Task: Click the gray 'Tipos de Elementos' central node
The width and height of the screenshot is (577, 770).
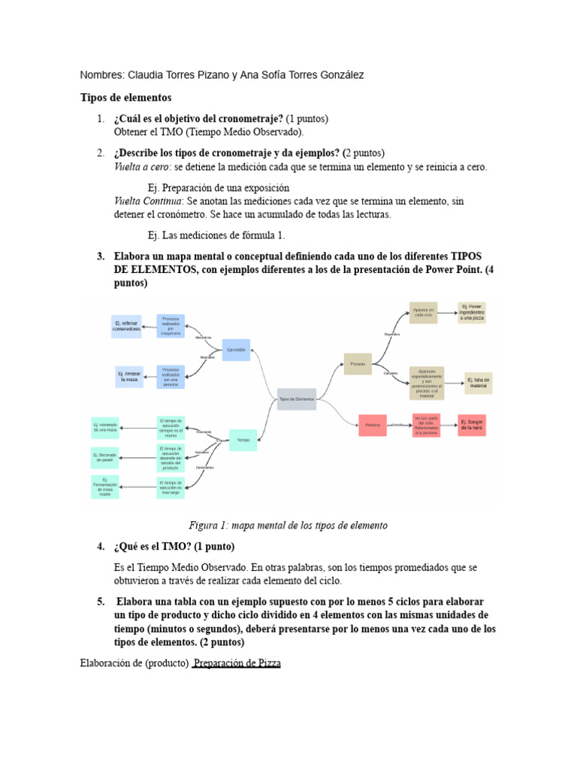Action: pyautogui.click(x=297, y=399)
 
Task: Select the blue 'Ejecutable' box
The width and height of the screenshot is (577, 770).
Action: pyautogui.click(x=236, y=350)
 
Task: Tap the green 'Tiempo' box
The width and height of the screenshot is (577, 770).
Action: pyautogui.click(x=243, y=439)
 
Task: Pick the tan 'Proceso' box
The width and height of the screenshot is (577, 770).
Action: pyautogui.click(x=358, y=364)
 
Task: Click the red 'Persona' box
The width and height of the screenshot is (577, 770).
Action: pyautogui.click(x=373, y=426)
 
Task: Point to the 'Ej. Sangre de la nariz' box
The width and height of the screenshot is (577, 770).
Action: pyautogui.click(x=472, y=426)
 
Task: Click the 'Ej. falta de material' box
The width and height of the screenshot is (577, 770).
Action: pyautogui.click(x=479, y=383)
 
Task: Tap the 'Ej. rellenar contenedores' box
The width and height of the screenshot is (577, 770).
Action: pyautogui.click(x=126, y=326)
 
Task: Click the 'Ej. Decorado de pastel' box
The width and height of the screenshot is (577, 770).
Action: pyautogui.click(x=105, y=457)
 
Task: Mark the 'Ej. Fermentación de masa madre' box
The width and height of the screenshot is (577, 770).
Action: pyautogui.click(x=105, y=487)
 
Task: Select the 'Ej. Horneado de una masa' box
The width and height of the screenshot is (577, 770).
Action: pyautogui.click(x=106, y=428)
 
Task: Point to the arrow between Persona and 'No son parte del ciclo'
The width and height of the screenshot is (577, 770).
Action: pyautogui.click(x=398, y=426)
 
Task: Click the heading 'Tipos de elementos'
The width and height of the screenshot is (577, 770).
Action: pyautogui.click(x=126, y=98)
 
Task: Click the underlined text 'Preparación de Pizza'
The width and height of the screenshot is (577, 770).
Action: pyautogui.click(x=237, y=664)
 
